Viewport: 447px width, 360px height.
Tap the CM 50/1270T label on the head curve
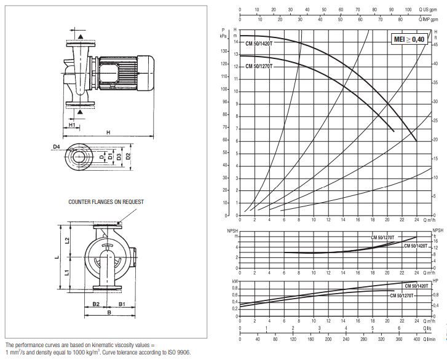point(259,66)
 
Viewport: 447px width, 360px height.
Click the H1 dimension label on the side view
point(71,125)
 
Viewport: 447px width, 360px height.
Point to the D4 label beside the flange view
point(56,147)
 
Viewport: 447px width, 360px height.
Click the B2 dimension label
point(96,303)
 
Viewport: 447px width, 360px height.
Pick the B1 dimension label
point(122,303)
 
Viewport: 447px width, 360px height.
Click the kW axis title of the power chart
point(234,281)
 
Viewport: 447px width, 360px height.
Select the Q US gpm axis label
point(429,10)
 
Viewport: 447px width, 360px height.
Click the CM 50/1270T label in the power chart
point(402,296)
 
